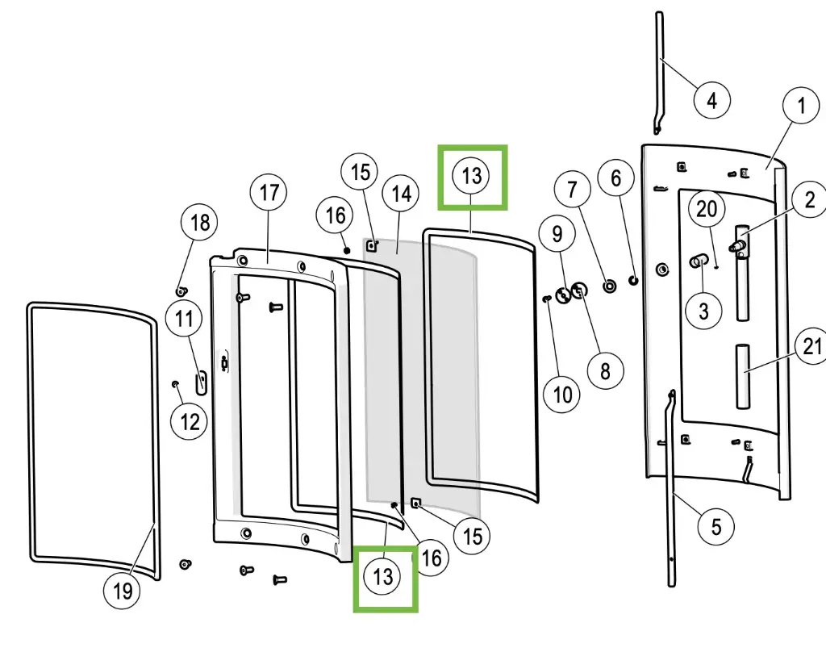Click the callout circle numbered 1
coord(801,106)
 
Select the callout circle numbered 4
coord(711,101)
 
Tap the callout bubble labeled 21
coord(811,347)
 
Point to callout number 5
coord(716,527)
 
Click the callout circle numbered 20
coord(707,210)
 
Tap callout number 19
coord(122,591)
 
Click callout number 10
coord(562,394)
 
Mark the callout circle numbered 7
coord(573,190)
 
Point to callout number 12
coord(190,420)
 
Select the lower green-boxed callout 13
coord(383,576)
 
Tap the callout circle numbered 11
coord(186,319)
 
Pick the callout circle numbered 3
coord(704,311)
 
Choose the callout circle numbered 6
coord(617,178)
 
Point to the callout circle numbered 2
coord(810,198)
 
